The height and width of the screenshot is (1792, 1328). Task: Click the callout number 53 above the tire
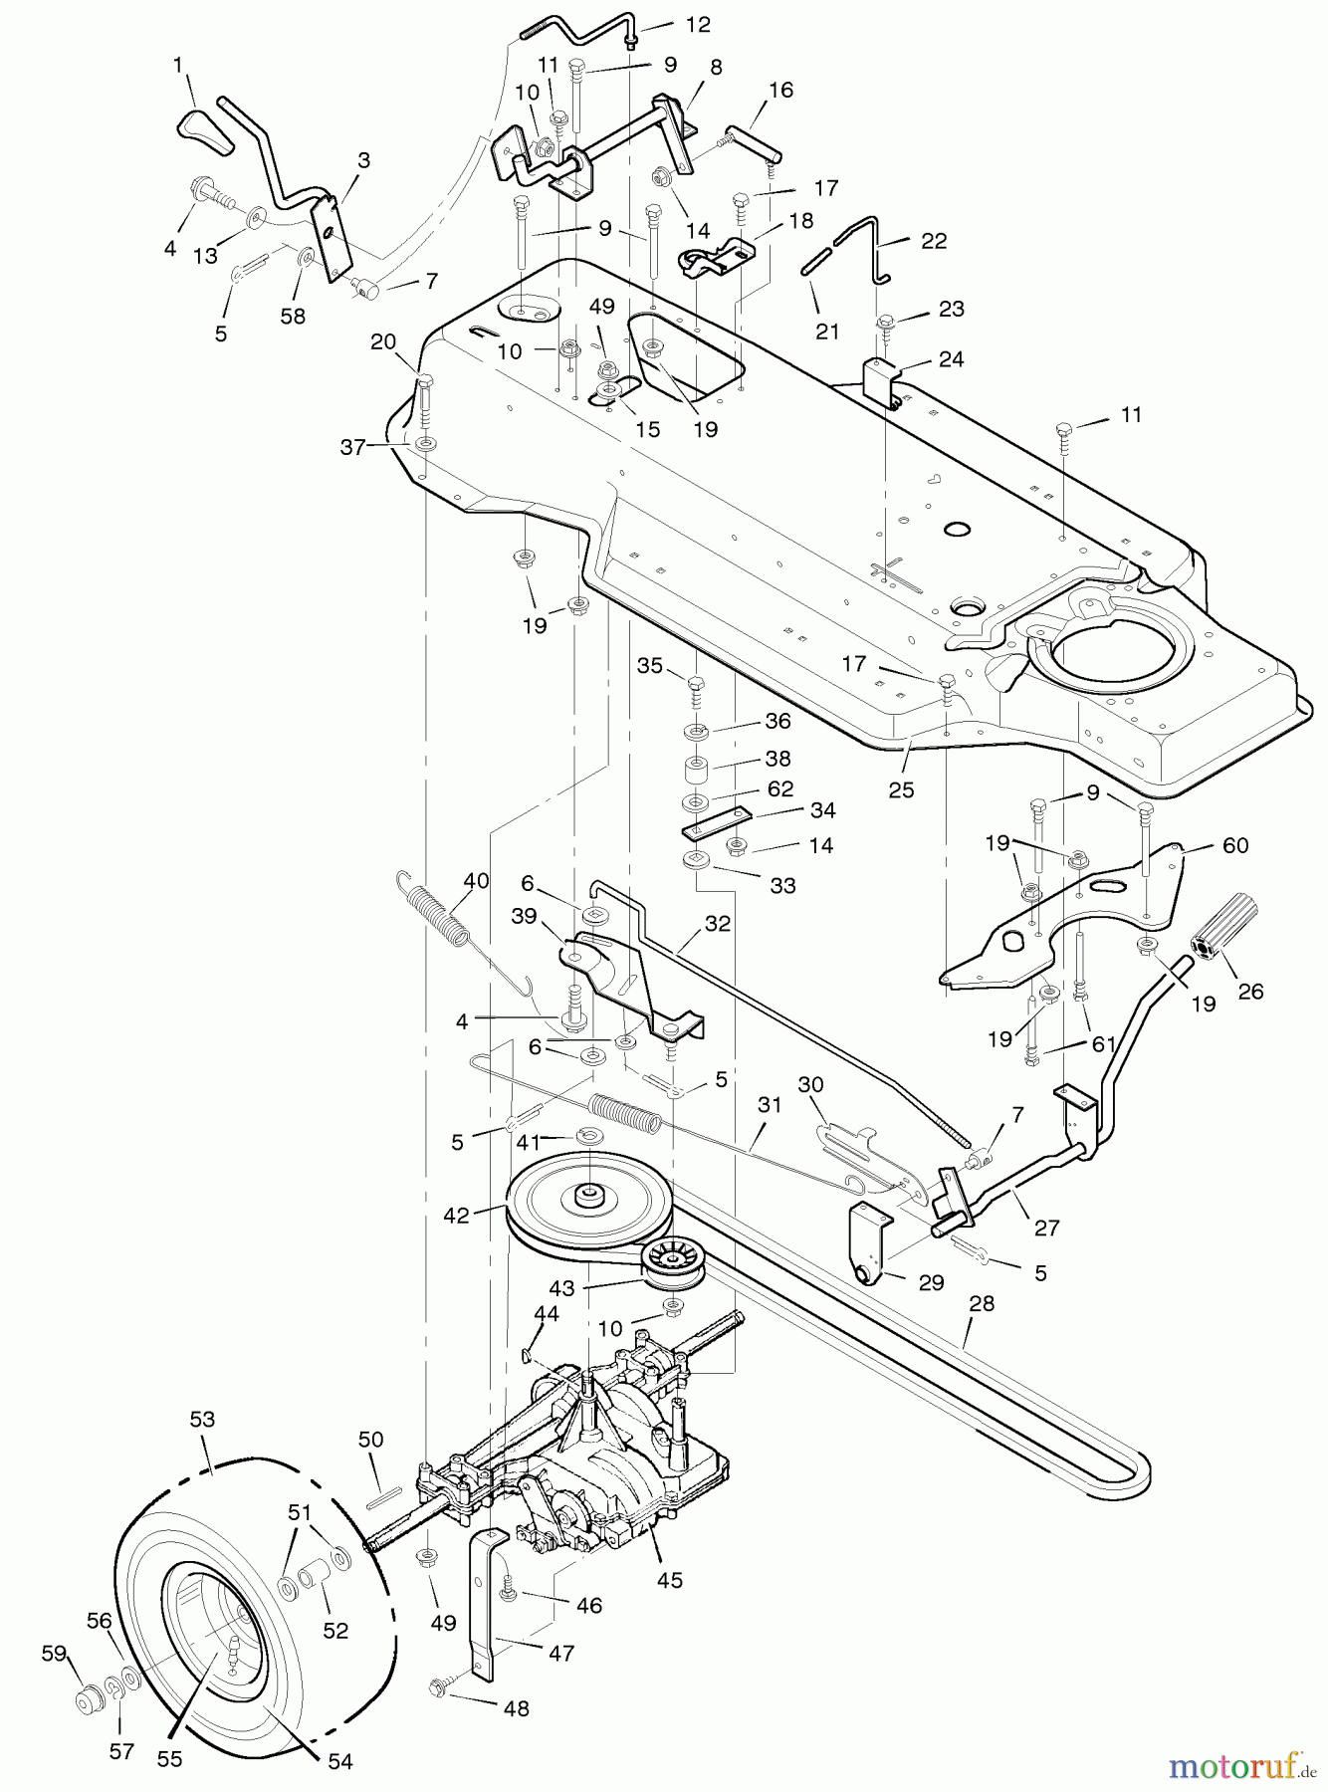(x=202, y=1420)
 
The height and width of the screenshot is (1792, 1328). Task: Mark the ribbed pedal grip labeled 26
(x=1227, y=930)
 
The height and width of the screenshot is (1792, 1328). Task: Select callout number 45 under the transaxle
(x=670, y=1580)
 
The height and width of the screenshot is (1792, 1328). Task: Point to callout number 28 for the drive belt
(x=982, y=1304)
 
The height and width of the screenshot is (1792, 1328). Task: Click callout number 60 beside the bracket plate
(x=1235, y=845)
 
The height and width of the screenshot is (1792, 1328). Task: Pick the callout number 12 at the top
(x=698, y=25)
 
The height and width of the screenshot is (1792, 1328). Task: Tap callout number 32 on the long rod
(x=718, y=924)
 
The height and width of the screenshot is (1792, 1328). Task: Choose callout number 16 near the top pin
(x=780, y=91)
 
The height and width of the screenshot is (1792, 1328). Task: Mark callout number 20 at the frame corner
(x=383, y=341)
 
